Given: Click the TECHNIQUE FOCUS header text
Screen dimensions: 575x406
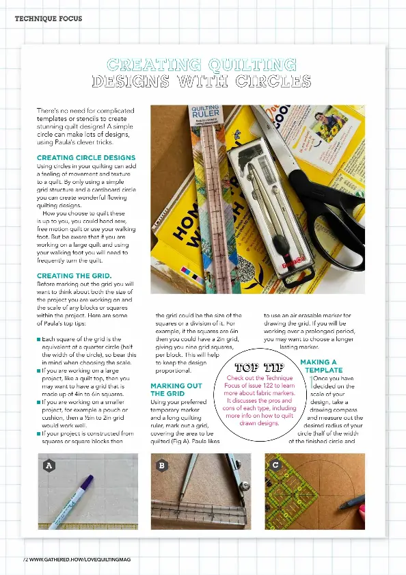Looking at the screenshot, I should pyautogui.click(x=48, y=18).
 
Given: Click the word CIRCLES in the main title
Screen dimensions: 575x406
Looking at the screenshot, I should pyautogui.click(x=278, y=82).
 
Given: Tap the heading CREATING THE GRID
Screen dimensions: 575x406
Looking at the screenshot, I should pyautogui.click(x=74, y=276).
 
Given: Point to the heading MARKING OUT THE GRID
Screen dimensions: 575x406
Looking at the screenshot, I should pyautogui.click(x=176, y=390).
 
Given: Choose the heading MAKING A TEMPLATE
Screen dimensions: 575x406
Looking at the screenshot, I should pyautogui.click(x=319, y=365).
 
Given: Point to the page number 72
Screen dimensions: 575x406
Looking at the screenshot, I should pyautogui.click(x=25, y=559).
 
